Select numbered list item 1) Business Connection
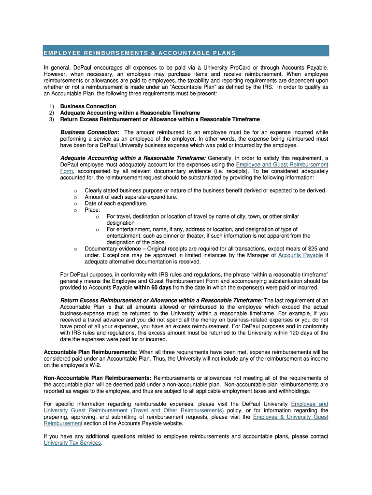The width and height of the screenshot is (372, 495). tap(88, 106)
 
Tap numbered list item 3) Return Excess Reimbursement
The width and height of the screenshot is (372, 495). tap(159, 119)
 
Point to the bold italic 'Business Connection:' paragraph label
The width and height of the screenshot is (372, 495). tap(90, 132)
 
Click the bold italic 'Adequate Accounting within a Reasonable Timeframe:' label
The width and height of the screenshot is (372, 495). tap(133, 158)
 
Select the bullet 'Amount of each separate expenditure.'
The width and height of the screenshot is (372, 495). tap(131, 197)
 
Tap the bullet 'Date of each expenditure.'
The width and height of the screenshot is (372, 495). tap(116, 204)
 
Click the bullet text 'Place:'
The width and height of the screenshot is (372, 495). tap(92, 210)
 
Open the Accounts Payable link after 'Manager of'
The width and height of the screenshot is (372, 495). tap(300, 255)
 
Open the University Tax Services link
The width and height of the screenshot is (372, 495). tap(72, 443)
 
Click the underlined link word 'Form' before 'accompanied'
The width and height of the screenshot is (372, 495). tap(66, 171)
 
